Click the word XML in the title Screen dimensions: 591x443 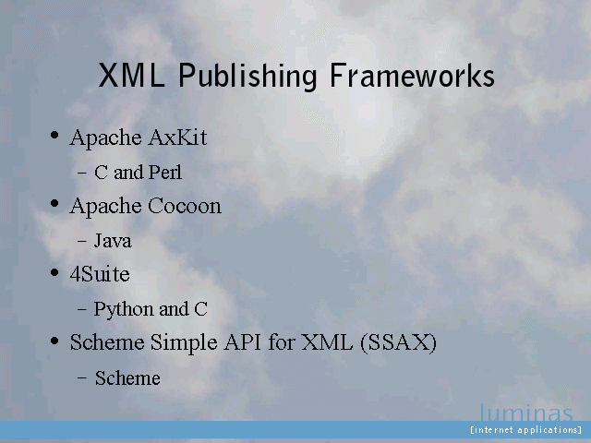tap(131, 76)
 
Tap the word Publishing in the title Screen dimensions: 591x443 tap(247, 77)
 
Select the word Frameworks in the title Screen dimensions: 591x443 tap(412, 75)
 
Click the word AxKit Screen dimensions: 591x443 tap(177, 138)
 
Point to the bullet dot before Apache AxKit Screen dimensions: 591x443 tap(54, 135)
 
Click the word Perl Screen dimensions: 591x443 tap(164, 173)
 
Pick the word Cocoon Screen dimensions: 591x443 tap(185, 206)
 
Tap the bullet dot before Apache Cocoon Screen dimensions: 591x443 tap(54, 203)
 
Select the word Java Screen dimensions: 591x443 tap(113, 241)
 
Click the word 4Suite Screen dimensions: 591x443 tap(100, 274)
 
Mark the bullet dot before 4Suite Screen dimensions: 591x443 tap(54, 272)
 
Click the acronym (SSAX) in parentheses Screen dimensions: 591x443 tap(398, 342)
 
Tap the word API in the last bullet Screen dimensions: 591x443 tap(242, 342)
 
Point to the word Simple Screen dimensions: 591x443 tap(184, 343)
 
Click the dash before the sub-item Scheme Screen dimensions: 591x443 tap(82, 378)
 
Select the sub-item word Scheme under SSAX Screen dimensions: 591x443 tap(127, 377)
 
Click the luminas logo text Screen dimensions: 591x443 tap(526, 413)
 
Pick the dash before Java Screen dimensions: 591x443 tap(82, 241)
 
